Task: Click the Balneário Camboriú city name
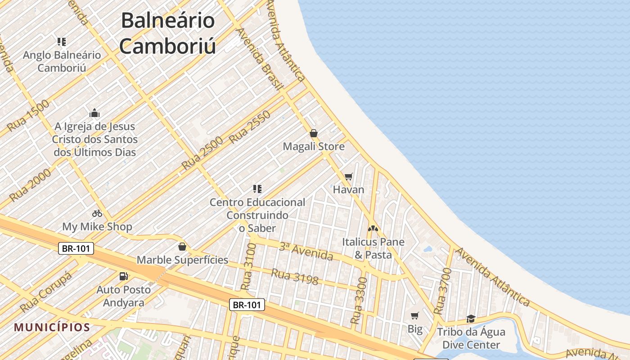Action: point(167,34)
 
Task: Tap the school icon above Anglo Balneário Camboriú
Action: point(62,42)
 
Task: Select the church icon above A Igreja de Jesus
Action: point(94,112)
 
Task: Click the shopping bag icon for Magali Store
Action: point(314,133)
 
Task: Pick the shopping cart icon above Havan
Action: point(348,176)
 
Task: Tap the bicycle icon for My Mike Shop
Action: point(97,213)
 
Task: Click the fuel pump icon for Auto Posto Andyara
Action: point(123,276)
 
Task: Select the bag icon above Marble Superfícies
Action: point(182,247)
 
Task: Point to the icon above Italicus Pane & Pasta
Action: point(373,229)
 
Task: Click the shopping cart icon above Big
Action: point(415,315)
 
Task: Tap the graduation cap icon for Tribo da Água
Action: point(471,319)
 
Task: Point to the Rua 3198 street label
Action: point(294,277)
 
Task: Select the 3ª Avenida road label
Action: point(306,251)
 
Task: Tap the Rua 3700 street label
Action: point(442,291)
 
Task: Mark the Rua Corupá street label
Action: point(45,292)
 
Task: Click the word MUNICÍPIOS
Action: point(52,327)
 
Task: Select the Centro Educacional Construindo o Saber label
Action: point(257,215)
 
